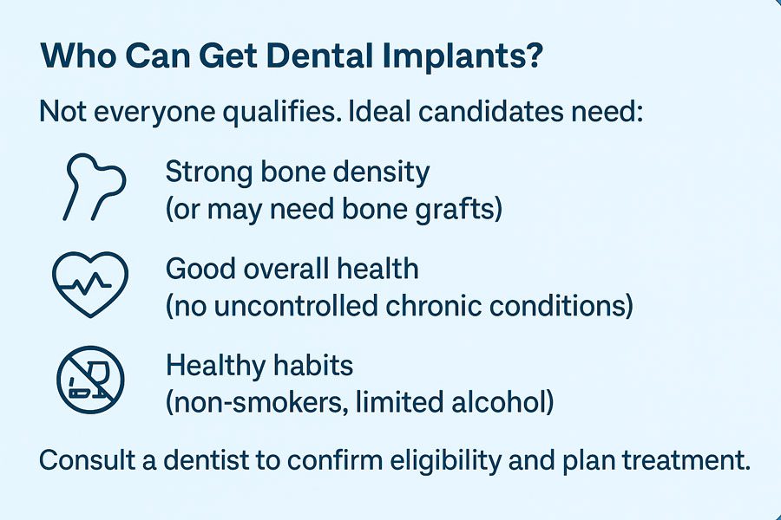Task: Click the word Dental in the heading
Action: [319, 55]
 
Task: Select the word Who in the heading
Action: [78, 55]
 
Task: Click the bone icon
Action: [94, 186]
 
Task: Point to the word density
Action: [381, 173]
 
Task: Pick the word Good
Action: [198, 269]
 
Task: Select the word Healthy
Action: [214, 367]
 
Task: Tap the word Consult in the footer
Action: [88, 460]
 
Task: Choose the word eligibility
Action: [445, 461]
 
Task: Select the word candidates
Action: [490, 112]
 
